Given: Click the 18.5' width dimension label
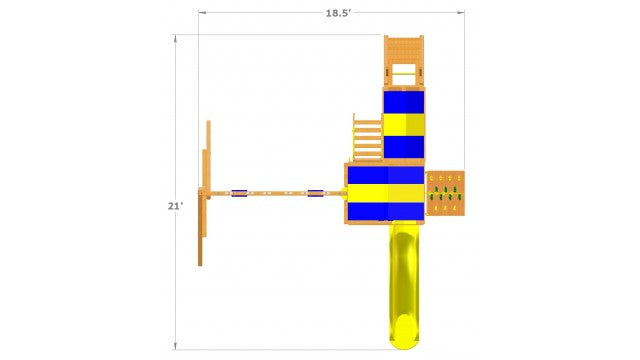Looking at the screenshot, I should (x=337, y=13).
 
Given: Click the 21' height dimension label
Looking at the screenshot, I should (x=175, y=206).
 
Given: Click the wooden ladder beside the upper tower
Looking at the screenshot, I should (x=367, y=137).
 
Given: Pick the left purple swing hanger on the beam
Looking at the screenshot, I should (x=239, y=193).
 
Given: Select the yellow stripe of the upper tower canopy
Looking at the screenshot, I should (x=404, y=124).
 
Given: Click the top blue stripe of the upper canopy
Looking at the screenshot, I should (x=404, y=101).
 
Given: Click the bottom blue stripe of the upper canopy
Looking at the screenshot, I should (x=404, y=147).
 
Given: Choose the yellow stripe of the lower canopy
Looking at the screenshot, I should (x=386, y=192).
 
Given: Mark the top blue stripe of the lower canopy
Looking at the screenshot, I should (x=386, y=174).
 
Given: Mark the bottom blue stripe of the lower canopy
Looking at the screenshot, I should (x=386, y=210).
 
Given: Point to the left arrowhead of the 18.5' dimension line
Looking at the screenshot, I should (x=201, y=13).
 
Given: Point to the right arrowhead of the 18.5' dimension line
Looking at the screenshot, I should (x=465, y=13).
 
